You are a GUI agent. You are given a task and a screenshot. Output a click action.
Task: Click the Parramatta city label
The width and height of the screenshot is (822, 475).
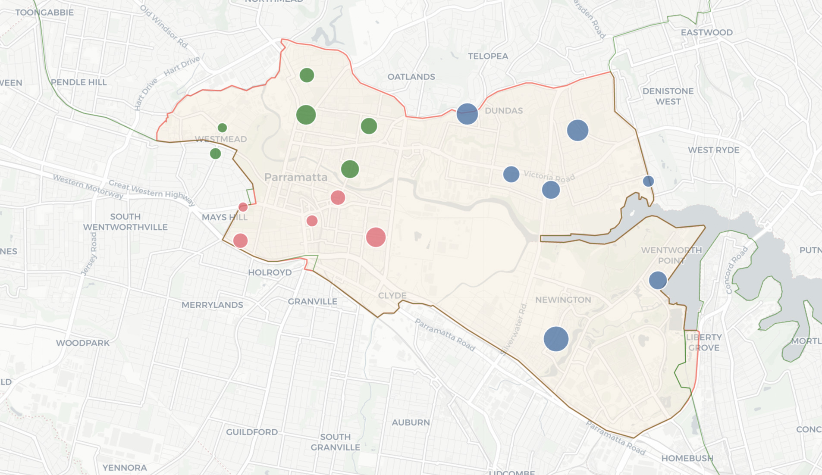[x=296, y=177]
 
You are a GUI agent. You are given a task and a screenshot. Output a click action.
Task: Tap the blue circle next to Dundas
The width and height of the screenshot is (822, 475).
[x=467, y=114]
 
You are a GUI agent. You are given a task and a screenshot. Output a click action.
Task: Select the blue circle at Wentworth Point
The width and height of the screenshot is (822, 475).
[x=658, y=280]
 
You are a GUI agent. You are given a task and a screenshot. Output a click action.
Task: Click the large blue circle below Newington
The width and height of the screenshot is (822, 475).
[x=556, y=339]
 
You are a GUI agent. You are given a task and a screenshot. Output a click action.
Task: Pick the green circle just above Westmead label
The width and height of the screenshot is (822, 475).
[x=222, y=128]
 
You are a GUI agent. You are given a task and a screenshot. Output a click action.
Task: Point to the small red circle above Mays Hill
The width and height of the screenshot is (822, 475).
[x=243, y=207]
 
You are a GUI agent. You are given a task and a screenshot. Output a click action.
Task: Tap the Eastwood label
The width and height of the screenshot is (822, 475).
[x=706, y=32]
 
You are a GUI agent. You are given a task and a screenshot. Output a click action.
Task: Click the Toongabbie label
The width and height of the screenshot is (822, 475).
[x=44, y=12]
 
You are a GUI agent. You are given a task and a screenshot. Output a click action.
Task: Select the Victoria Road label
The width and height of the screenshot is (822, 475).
[x=549, y=176]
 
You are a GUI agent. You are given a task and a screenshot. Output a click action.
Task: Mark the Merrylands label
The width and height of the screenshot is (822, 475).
[x=212, y=305]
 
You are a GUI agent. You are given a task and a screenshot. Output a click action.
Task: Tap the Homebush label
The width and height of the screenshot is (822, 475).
[x=687, y=458]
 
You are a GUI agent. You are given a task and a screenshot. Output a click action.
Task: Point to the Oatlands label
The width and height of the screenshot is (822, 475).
[x=411, y=77]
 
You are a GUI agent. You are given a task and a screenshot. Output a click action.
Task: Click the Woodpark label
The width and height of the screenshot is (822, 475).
[x=83, y=343]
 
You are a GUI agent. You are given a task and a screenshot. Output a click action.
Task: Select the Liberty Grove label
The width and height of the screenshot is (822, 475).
[x=704, y=342]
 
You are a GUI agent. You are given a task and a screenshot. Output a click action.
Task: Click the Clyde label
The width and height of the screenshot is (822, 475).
[x=392, y=295]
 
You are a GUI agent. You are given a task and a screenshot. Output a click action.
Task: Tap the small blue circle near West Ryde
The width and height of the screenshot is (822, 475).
[x=648, y=181]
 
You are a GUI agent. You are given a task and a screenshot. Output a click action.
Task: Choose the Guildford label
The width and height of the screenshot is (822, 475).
[x=252, y=432]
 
